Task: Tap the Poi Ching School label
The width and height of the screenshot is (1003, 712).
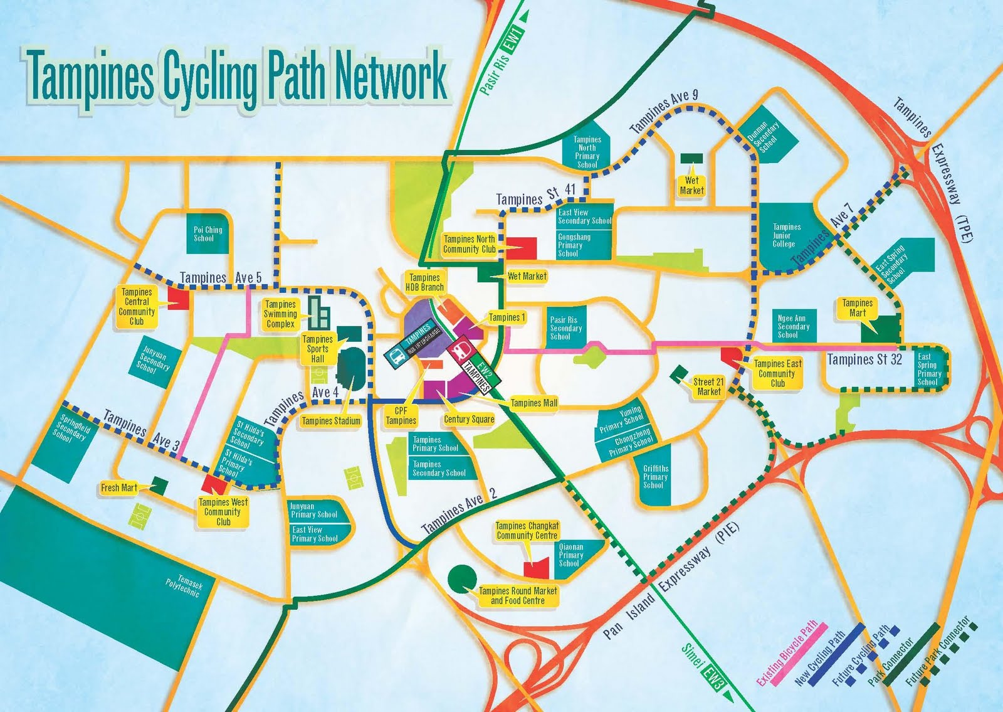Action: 207,234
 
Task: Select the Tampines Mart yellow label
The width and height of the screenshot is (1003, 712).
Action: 858,307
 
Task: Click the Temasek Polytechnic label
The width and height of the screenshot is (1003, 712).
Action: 184,587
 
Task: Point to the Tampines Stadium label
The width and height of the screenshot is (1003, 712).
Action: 331,421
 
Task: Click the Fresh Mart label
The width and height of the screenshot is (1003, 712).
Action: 119,487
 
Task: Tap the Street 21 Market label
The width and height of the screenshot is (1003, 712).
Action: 708,386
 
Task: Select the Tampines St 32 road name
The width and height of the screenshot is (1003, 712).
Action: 864,359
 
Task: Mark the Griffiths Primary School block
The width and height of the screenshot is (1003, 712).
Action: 656,477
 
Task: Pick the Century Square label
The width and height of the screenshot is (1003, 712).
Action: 469,419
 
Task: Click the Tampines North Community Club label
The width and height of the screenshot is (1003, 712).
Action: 470,244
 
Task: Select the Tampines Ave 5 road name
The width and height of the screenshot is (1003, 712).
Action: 221,278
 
